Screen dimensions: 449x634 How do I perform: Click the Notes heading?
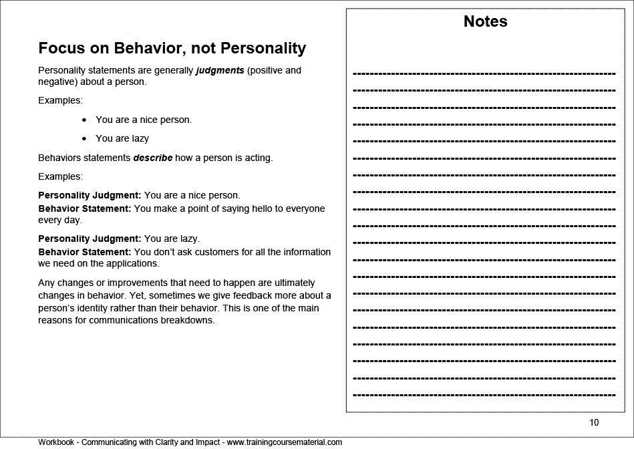click(485, 21)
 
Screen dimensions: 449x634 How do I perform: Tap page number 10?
click(594, 422)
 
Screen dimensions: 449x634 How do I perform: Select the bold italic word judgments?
click(220, 69)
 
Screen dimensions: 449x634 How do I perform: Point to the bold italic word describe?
click(153, 158)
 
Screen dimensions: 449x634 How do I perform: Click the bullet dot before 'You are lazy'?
click(84, 139)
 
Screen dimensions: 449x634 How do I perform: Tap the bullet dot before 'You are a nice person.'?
click(84, 120)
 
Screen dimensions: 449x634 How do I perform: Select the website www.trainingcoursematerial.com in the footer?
click(285, 442)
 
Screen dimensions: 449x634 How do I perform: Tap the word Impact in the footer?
click(204, 442)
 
